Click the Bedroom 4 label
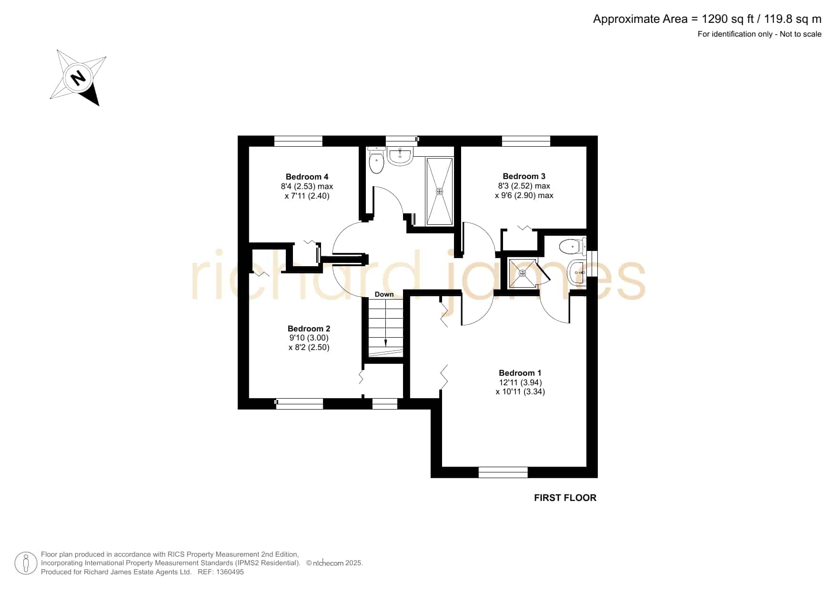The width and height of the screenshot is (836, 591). (307, 177)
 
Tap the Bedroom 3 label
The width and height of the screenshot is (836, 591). (524, 176)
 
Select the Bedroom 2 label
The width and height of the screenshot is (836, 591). (309, 329)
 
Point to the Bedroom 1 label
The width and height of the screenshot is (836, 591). (520, 373)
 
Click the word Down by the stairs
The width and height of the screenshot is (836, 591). (384, 294)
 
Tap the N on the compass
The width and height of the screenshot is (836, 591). (77, 77)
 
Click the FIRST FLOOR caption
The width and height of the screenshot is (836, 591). (565, 498)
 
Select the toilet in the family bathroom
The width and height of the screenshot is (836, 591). (376, 160)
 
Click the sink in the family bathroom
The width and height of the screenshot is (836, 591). (400, 156)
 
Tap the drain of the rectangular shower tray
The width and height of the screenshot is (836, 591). (440, 191)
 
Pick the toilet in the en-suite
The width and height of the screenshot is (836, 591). (573, 247)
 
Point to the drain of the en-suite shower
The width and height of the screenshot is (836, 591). (523, 273)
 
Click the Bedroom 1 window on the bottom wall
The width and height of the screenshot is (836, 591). (503, 472)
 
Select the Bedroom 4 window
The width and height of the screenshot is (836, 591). (298, 141)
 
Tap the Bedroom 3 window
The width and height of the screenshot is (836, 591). (526, 141)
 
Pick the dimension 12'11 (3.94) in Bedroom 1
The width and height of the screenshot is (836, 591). (520, 382)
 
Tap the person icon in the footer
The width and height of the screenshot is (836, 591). (26, 563)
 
